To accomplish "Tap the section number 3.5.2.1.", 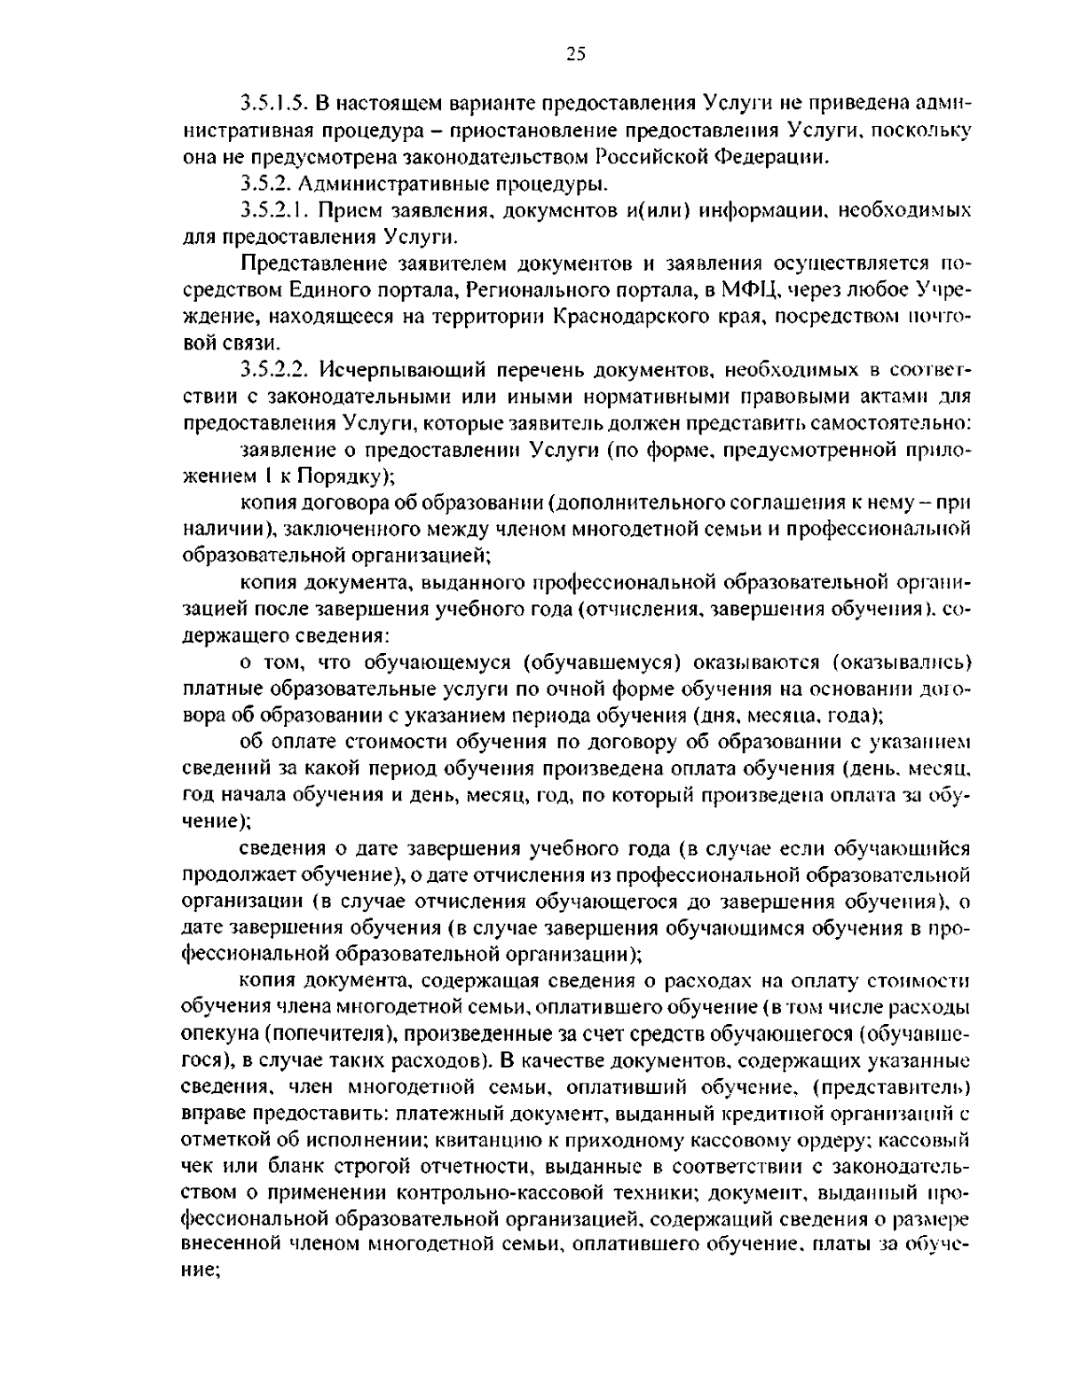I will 272,211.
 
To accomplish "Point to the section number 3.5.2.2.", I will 272,369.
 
